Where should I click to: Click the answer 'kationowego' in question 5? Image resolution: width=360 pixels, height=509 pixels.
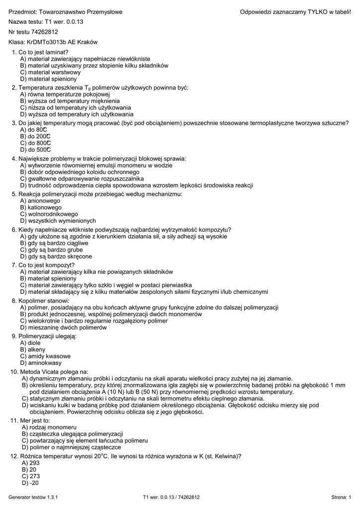pyautogui.click(x=44, y=207)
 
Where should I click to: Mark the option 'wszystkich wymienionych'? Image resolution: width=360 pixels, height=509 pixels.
pyautogui.click(x=62, y=221)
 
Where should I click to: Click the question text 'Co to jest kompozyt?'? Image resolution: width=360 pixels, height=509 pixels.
pyautogui.click(x=46, y=265)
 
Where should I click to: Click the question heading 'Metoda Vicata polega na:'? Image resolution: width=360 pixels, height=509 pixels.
pyautogui.click(x=54, y=371)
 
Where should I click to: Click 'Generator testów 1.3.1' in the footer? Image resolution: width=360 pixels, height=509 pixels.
pyautogui.click(x=34, y=497)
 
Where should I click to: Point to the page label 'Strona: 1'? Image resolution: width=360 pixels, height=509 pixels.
pyautogui.click(x=341, y=497)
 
